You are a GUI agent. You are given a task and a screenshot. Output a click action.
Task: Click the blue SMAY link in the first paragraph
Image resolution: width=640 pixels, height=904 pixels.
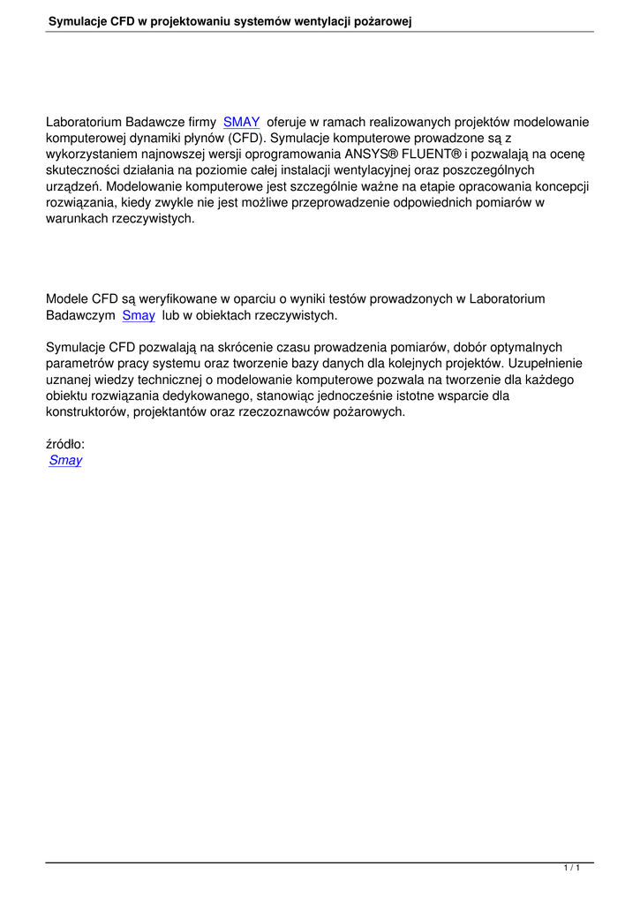241,123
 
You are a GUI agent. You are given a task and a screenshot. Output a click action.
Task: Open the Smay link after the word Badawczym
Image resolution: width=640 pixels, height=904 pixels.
139,314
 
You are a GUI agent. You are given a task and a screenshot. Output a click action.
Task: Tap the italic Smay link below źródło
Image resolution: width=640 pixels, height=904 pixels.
65,460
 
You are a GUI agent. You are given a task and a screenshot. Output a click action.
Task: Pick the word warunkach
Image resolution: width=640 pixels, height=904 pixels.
78,218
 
